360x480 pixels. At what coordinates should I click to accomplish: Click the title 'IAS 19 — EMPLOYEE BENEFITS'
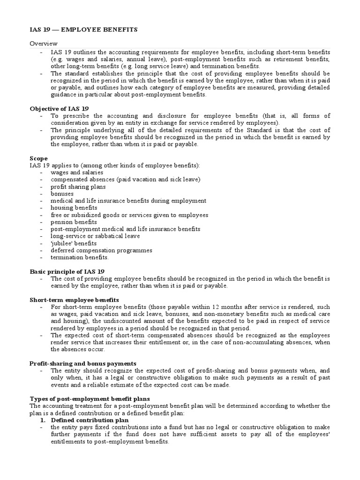83,30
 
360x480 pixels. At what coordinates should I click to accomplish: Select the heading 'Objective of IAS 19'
60,108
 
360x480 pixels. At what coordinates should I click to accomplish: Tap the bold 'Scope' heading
38,158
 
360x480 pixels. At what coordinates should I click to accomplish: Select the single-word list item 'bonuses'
62,194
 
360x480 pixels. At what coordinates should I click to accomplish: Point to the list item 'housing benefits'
74,208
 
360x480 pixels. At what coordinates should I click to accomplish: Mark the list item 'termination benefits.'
80,257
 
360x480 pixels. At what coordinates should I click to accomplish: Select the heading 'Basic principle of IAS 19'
67,271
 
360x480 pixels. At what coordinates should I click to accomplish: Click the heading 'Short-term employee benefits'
74,300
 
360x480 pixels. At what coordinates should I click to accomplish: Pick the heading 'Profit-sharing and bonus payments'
82,363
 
